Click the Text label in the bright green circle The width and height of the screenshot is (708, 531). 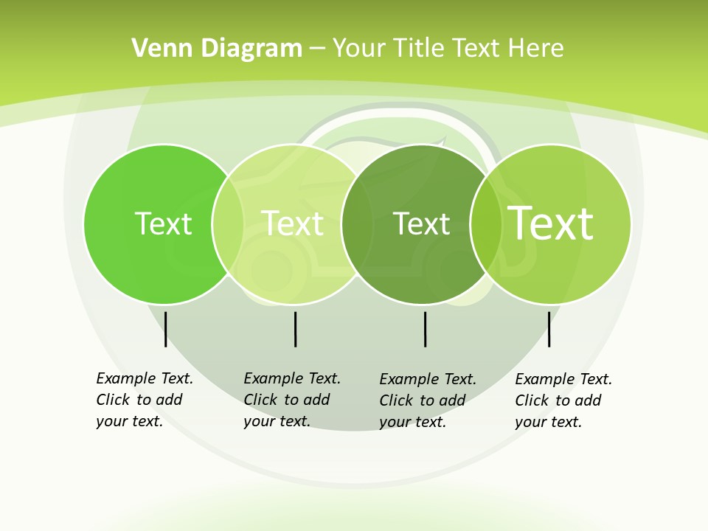(163, 223)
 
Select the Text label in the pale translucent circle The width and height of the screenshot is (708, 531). (292, 223)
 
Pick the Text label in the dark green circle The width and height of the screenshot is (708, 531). (421, 223)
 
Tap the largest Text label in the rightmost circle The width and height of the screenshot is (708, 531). (550, 223)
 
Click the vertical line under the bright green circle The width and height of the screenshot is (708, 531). (165, 329)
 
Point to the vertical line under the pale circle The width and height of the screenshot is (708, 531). (295, 329)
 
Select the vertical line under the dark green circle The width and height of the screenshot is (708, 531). (425, 329)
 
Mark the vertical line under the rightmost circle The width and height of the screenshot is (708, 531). (549, 329)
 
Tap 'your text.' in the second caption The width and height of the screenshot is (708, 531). (277, 421)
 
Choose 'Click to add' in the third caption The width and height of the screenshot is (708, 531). (422, 400)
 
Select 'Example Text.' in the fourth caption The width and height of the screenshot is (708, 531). (563, 379)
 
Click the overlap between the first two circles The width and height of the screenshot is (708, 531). (228, 224)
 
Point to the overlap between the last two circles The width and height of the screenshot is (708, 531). (485, 224)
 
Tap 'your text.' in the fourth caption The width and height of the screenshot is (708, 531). (548, 422)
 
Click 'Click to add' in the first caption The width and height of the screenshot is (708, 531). (139, 400)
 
